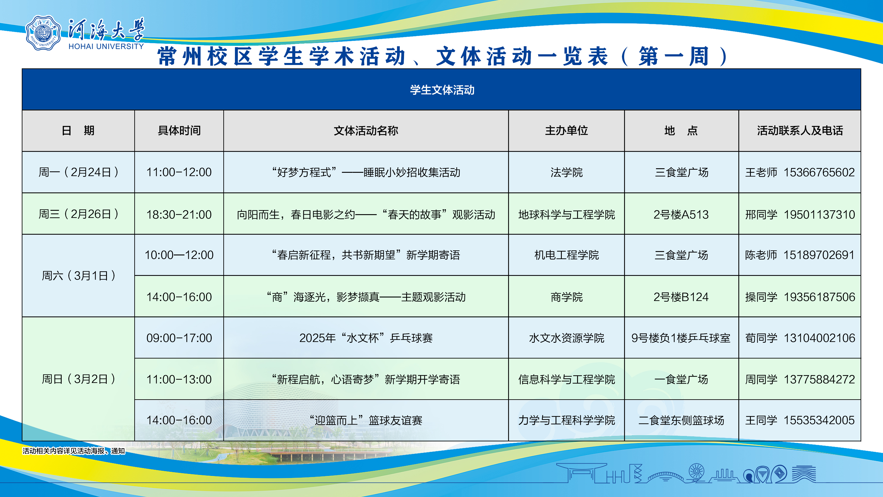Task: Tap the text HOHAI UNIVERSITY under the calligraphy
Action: tap(106, 46)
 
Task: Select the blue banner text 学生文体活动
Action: tap(442, 90)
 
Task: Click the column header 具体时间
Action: tap(179, 131)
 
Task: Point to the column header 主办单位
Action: tap(567, 131)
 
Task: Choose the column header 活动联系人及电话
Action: tap(800, 131)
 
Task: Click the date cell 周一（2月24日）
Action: tap(78, 172)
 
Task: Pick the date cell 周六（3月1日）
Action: tap(78, 275)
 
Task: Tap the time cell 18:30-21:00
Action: tap(179, 214)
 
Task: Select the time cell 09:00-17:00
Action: tap(179, 338)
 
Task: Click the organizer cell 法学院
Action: tap(567, 172)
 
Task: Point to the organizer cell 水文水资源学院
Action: tap(567, 338)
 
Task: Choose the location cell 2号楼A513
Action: tap(681, 214)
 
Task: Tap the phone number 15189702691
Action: tap(819, 255)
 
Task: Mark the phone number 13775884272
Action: tap(819, 379)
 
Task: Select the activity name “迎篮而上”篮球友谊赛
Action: tap(366, 420)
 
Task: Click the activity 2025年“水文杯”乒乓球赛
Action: tap(366, 338)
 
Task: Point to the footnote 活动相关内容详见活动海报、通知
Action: tap(74, 451)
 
